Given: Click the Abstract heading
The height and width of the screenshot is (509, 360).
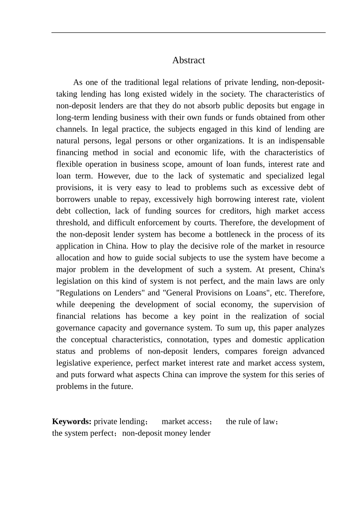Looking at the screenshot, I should pyautogui.click(x=188, y=60).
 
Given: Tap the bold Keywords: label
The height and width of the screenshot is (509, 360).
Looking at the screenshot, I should pyautogui.click(x=72, y=422).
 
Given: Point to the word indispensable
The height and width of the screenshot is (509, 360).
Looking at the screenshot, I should pyautogui.click(x=301, y=141).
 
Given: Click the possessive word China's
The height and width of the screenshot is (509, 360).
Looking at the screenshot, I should pyautogui.click(x=312, y=269).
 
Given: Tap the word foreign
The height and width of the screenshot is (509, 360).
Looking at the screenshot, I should pyautogui.click(x=274, y=351).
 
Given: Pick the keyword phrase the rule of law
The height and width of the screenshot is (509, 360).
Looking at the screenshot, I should pyautogui.click(x=250, y=422).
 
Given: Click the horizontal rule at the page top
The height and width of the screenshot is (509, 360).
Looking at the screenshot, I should pyautogui.click(x=188, y=33).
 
